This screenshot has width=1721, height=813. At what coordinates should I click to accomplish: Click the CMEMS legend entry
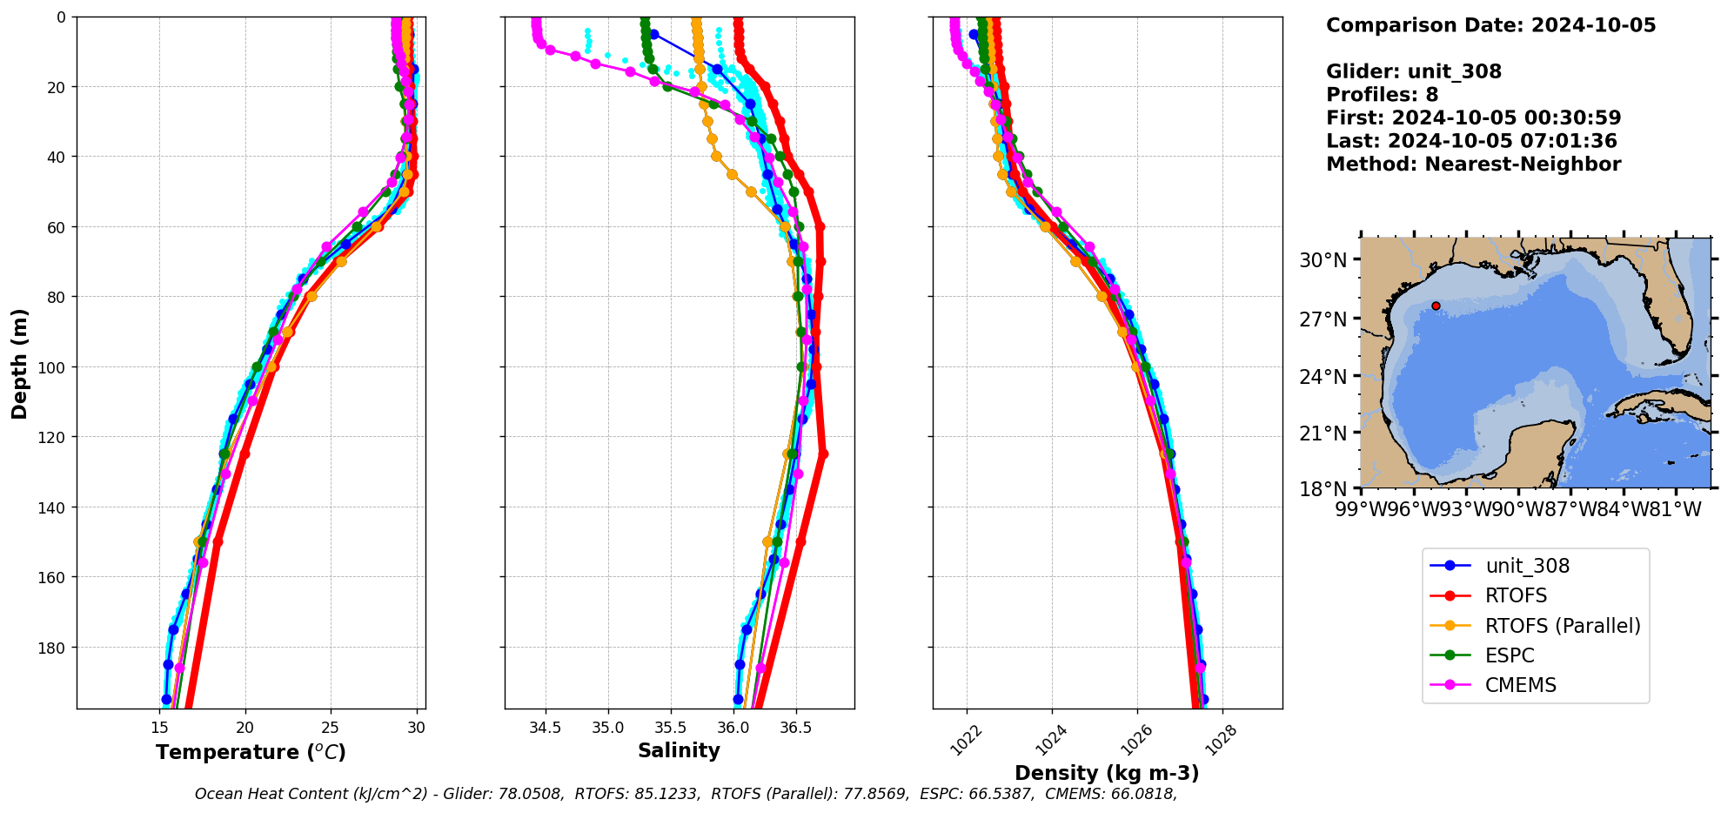[1520, 685]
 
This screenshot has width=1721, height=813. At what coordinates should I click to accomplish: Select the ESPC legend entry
[1510, 655]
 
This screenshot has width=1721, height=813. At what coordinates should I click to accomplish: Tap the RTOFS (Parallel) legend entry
[1562, 626]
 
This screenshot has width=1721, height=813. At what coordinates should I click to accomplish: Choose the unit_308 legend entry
[1527, 566]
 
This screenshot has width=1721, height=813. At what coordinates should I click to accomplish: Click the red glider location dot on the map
[1436, 306]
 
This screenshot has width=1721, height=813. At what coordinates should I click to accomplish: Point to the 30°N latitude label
[1323, 260]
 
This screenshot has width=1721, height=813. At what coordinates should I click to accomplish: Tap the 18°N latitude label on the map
[1323, 489]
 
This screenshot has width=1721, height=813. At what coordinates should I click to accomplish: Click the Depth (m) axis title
[19, 363]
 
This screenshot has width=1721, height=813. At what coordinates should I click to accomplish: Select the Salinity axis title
[679, 750]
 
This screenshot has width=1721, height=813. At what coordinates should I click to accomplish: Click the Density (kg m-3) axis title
[1107, 773]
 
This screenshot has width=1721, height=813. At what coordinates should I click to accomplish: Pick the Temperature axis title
[251, 752]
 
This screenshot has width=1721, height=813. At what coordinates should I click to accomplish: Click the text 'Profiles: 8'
[1382, 95]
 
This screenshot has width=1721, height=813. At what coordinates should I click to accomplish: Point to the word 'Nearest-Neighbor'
[1523, 165]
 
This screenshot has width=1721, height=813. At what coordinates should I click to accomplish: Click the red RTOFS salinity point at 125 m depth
[823, 454]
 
